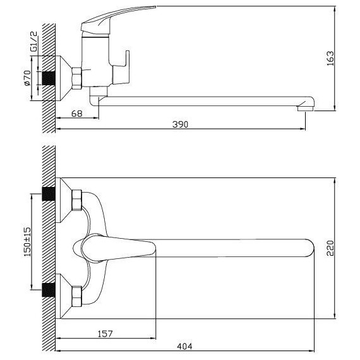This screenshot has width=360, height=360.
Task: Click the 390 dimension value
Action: click(181, 124)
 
